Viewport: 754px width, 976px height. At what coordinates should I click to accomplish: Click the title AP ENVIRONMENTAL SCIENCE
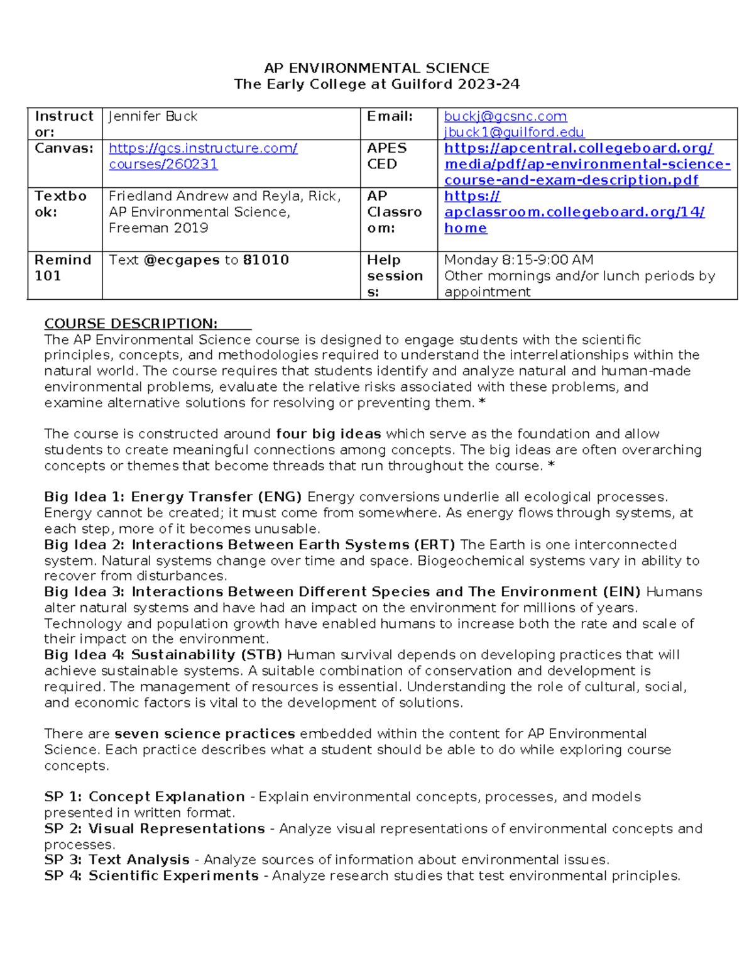pos(376,68)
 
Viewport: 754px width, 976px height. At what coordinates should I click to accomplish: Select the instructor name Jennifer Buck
pos(153,116)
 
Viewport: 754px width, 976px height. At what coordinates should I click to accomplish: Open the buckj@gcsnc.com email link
pos(505,116)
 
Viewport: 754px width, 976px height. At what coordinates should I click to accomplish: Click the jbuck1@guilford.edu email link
pos(514,132)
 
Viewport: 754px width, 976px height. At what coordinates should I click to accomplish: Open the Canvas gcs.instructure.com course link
pos(202,156)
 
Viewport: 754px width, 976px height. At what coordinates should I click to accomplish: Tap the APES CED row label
pos(386,156)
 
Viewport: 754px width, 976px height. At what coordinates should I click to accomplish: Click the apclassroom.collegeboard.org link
pos(574,212)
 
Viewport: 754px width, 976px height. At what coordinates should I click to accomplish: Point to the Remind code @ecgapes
pos(182,260)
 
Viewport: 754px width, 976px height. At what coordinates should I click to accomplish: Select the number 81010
pos(266,260)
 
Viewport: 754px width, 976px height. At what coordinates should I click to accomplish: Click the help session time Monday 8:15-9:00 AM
pos(518,260)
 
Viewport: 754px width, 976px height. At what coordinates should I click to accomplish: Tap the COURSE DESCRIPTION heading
pos(131,324)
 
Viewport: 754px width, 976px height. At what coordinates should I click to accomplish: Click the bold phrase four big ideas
pos(328,434)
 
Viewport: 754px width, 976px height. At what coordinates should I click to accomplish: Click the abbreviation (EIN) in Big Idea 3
pos(621,592)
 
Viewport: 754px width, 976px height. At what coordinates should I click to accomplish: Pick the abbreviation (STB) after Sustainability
pos(261,655)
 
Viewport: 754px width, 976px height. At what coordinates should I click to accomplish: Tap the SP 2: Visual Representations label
pos(155,829)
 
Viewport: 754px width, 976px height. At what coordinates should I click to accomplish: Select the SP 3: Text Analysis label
pos(117,860)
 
